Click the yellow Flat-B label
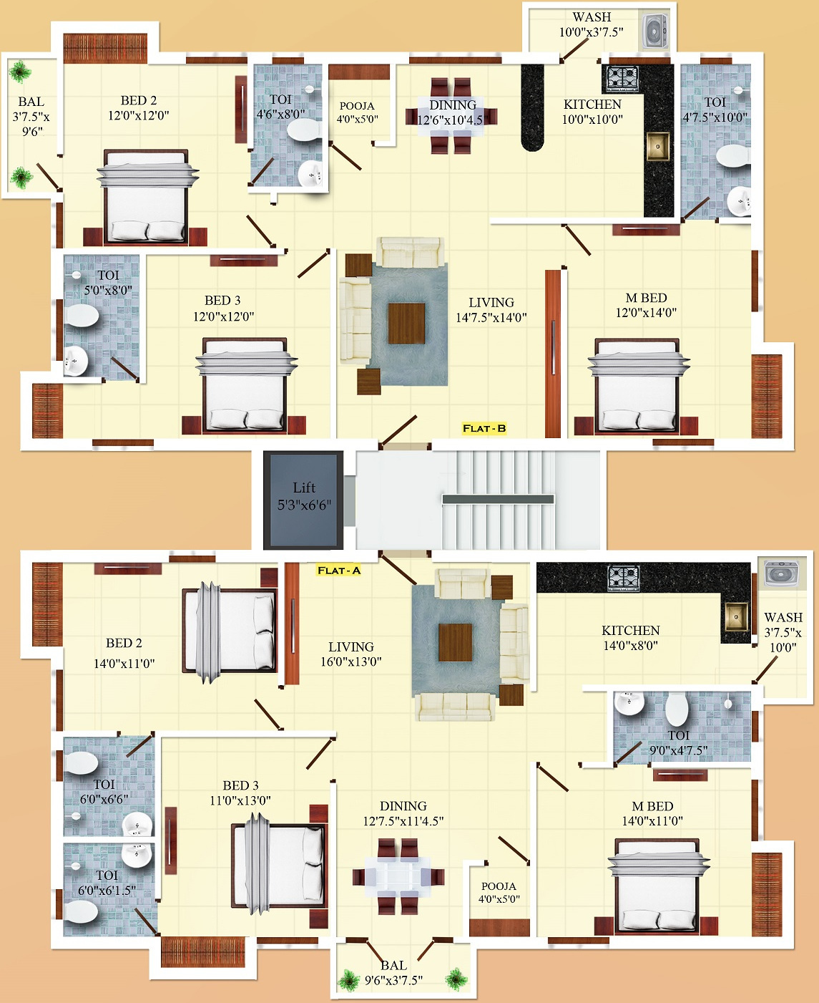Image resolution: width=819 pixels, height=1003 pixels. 484,428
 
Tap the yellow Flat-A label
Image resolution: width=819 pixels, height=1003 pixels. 338,571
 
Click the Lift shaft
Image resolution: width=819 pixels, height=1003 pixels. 303,499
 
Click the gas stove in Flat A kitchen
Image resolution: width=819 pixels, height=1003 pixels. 623,577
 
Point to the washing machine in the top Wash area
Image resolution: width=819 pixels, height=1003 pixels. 654,32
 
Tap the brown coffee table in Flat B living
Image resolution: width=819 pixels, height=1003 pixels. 406,323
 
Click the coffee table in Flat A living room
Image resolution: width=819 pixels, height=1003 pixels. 455,642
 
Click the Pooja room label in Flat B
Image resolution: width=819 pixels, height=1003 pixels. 357,112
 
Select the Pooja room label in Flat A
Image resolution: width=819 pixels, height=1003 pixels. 499,892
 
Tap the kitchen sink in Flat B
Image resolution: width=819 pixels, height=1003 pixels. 658,146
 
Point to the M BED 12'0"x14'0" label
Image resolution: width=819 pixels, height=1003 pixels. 646,305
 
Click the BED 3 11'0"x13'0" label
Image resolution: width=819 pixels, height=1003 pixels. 240,793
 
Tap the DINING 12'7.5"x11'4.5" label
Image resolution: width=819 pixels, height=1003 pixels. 403,813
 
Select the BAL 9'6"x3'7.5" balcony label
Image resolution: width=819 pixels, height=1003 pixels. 393,973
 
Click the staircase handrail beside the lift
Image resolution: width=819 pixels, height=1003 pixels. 498,499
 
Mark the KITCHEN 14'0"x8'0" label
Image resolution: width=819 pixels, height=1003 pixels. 630,637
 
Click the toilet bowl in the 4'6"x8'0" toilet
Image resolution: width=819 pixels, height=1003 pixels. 303,130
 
